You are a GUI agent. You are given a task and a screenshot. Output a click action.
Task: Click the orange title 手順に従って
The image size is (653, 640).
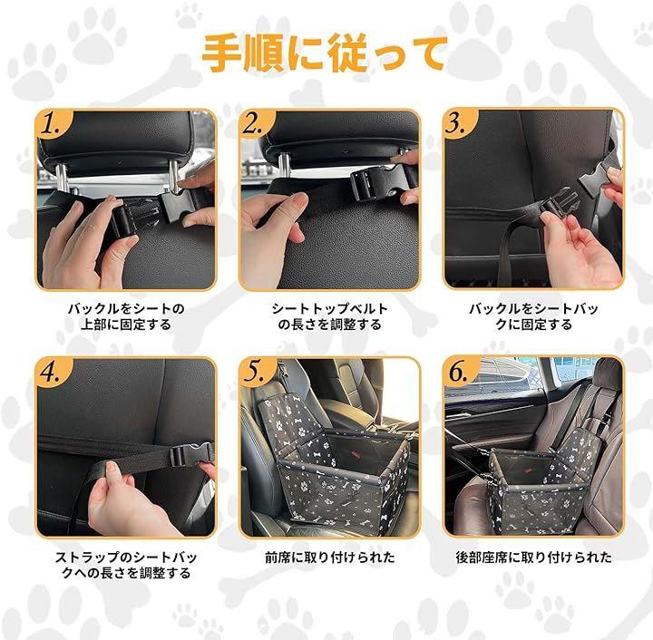325,53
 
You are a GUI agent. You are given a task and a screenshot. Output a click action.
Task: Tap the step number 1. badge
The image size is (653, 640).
51,124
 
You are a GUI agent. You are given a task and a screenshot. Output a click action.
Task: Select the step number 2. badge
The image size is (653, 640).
253,124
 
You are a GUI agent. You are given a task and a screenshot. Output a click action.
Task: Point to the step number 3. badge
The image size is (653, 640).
456,124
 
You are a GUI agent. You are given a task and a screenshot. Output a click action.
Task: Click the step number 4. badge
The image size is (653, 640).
51,372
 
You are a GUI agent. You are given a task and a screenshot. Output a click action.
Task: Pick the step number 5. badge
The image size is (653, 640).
254,372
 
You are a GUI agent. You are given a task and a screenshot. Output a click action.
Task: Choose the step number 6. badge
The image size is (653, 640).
458,372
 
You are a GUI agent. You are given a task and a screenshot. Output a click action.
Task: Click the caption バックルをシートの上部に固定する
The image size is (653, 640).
126,316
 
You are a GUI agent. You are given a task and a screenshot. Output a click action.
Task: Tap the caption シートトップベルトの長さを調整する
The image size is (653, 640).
329,316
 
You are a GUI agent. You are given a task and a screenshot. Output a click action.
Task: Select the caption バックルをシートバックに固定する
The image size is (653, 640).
533,316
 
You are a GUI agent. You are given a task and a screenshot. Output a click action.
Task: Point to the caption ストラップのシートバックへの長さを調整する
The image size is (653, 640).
126,565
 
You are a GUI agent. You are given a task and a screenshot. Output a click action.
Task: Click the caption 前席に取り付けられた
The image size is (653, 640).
330,558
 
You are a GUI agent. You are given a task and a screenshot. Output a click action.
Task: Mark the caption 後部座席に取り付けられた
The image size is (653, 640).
533,558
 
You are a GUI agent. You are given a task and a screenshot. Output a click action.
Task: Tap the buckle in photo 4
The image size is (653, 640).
191,455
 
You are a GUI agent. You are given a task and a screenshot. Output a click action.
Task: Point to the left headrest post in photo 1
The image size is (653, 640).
62,178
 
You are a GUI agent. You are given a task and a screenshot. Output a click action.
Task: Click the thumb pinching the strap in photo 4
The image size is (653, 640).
112,474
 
